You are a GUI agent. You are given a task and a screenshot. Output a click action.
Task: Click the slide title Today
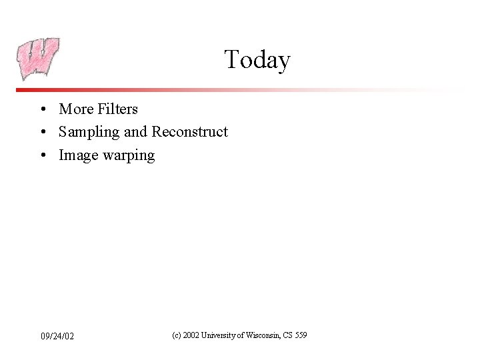(x=257, y=60)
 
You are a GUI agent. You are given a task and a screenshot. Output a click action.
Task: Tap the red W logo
(x=38, y=59)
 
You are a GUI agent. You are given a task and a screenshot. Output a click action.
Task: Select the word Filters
(x=117, y=109)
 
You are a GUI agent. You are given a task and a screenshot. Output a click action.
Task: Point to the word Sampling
(x=89, y=133)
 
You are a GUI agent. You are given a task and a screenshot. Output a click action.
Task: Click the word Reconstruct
(x=189, y=132)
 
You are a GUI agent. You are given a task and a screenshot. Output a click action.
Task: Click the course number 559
(x=300, y=335)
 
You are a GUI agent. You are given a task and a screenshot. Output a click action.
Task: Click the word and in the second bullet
(x=136, y=132)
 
